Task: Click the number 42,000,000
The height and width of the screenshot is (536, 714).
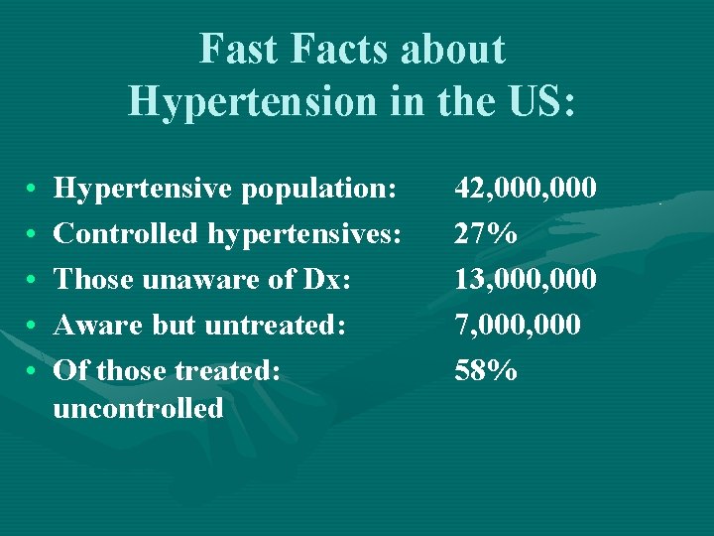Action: click(x=525, y=188)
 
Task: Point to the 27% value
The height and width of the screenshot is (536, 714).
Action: click(x=485, y=233)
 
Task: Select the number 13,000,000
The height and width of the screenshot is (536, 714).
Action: click(x=525, y=279)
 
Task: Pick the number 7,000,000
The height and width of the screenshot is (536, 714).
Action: click(x=518, y=325)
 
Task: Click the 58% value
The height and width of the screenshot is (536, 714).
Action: click(x=485, y=370)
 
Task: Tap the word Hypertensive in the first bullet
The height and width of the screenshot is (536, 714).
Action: click(x=139, y=188)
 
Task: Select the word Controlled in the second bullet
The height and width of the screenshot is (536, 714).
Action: click(x=126, y=233)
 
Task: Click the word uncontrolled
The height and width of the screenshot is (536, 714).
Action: click(x=138, y=408)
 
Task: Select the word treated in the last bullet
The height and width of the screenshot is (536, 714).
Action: click(x=227, y=370)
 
